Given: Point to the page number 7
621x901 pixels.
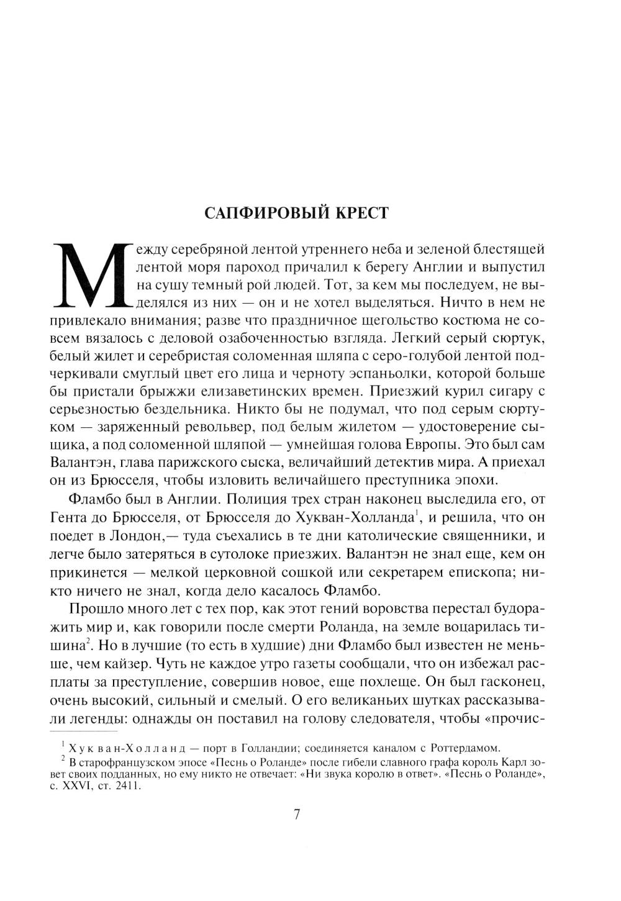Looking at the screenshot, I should (296, 814).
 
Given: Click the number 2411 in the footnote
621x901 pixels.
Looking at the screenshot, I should (129, 786).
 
